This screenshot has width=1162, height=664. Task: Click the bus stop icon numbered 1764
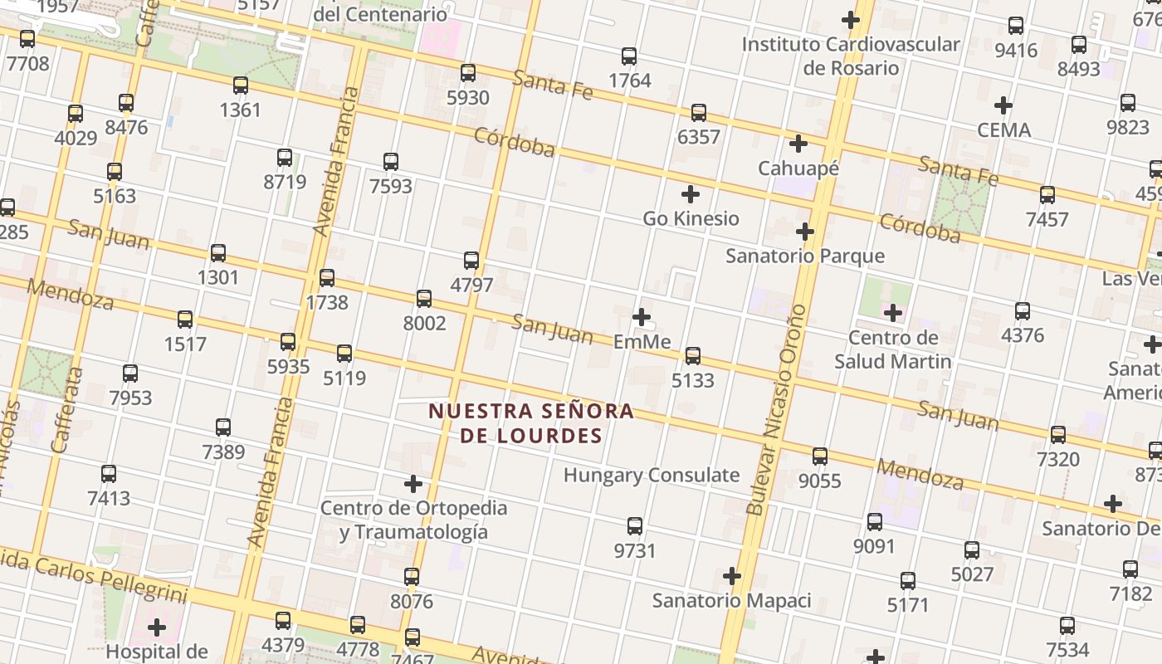(x=629, y=56)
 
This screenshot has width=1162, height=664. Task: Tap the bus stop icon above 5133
(x=692, y=356)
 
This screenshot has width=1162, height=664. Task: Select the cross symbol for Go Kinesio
(x=690, y=195)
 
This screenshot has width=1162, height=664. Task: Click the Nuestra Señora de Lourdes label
(x=531, y=423)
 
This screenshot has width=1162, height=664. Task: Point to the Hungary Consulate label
(x=652, y=476)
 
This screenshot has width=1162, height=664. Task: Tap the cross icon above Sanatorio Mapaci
(x=731, y=576)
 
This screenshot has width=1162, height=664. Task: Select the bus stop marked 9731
(x=635, y=526)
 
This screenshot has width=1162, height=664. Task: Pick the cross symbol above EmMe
(x=641, y=317)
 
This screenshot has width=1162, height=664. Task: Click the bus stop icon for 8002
(x=424, y=299)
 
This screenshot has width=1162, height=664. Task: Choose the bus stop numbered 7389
(x=223, y=428)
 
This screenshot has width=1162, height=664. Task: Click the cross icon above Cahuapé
(x=798, y=144)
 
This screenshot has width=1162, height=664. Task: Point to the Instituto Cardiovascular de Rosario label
(x=851, y=56)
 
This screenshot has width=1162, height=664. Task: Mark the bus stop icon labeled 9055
(x=820, y=456)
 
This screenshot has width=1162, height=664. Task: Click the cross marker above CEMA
(x=1003, y=105)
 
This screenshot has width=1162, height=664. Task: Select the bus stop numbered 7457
(x=1047, y=196)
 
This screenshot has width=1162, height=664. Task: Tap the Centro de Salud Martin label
(x=893, y=349)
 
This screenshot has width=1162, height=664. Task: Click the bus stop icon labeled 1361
(x=241, y=85)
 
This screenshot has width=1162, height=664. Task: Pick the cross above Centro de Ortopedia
(x=413, y=484)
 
